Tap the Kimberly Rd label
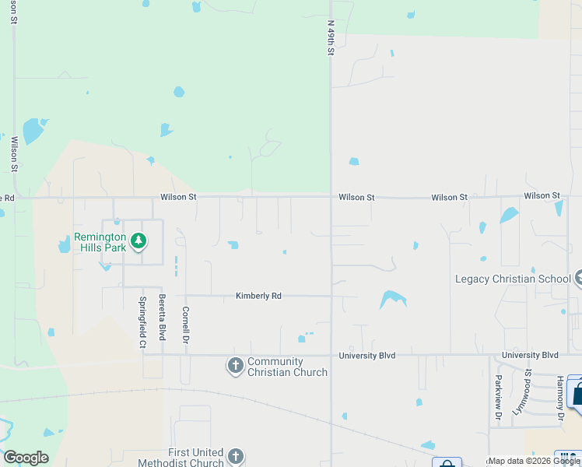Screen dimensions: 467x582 (x=258, y=296)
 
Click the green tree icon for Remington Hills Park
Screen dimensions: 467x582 (x=138, y=241)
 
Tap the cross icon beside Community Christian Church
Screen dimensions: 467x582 (x=235, y=365)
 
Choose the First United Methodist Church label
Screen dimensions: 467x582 (x=195, y=458)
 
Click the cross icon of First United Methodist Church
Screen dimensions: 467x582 (x=235, y=457)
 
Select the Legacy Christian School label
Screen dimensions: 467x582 (x=513, y=279)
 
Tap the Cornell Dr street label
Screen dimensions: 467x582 (x=186, y=325)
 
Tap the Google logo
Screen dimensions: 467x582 (x=26, y=458)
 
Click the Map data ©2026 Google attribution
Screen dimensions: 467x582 (x=534, y=461)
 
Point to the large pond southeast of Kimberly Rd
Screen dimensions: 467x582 (x=391, y=299)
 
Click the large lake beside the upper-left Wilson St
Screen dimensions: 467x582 (x=33, y=130)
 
